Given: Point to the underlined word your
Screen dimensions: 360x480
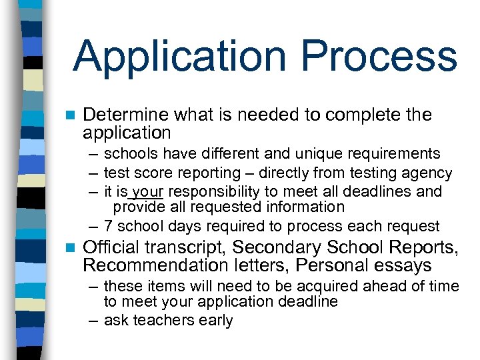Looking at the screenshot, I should click(x=143, y=192).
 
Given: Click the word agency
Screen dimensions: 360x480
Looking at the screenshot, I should click(x=430, y=174).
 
